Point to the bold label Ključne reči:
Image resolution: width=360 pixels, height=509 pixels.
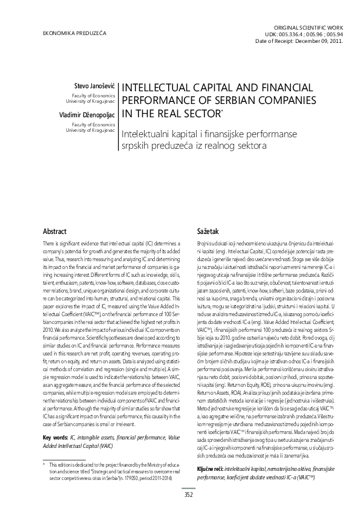coord(214,452)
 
